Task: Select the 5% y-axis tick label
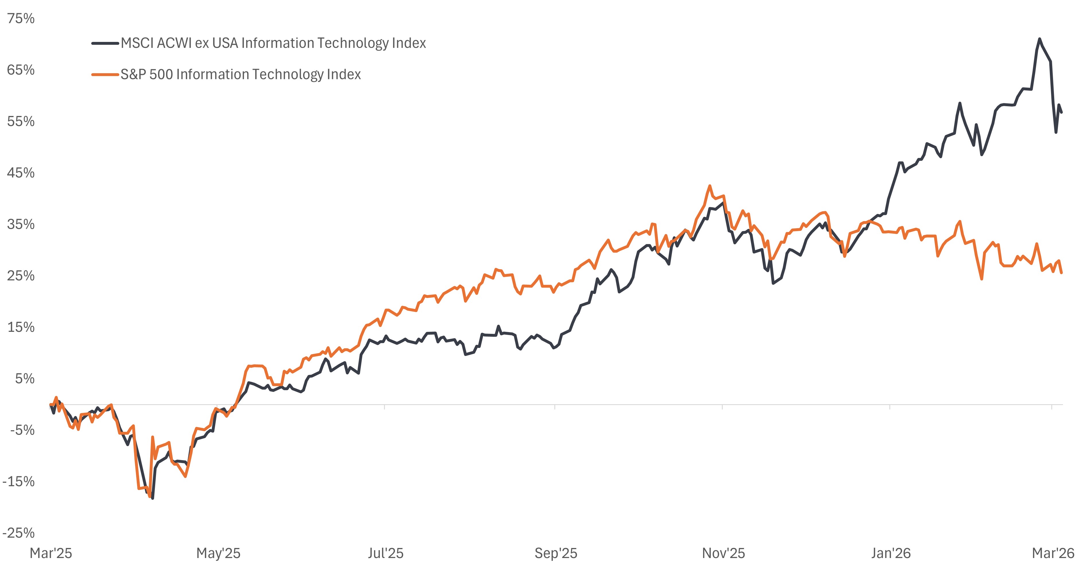pos(24,379)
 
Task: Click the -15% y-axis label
pos(18,482)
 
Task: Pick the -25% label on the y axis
pos(18,533)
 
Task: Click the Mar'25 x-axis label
pos(51,553)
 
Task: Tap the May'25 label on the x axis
pos(218,553)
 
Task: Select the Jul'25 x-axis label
pos(385,553)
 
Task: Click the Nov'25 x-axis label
pos(723,553)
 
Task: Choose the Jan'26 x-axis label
pos(890,553)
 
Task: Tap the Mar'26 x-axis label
pos(1052,553)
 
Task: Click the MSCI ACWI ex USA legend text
pos(273,43)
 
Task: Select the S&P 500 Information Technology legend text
pos(240,74)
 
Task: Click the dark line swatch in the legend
pos(105,43)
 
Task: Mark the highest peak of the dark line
pos(1040,39)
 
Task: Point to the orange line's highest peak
pos(710,186)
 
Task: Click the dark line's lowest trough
pos(153,498)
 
